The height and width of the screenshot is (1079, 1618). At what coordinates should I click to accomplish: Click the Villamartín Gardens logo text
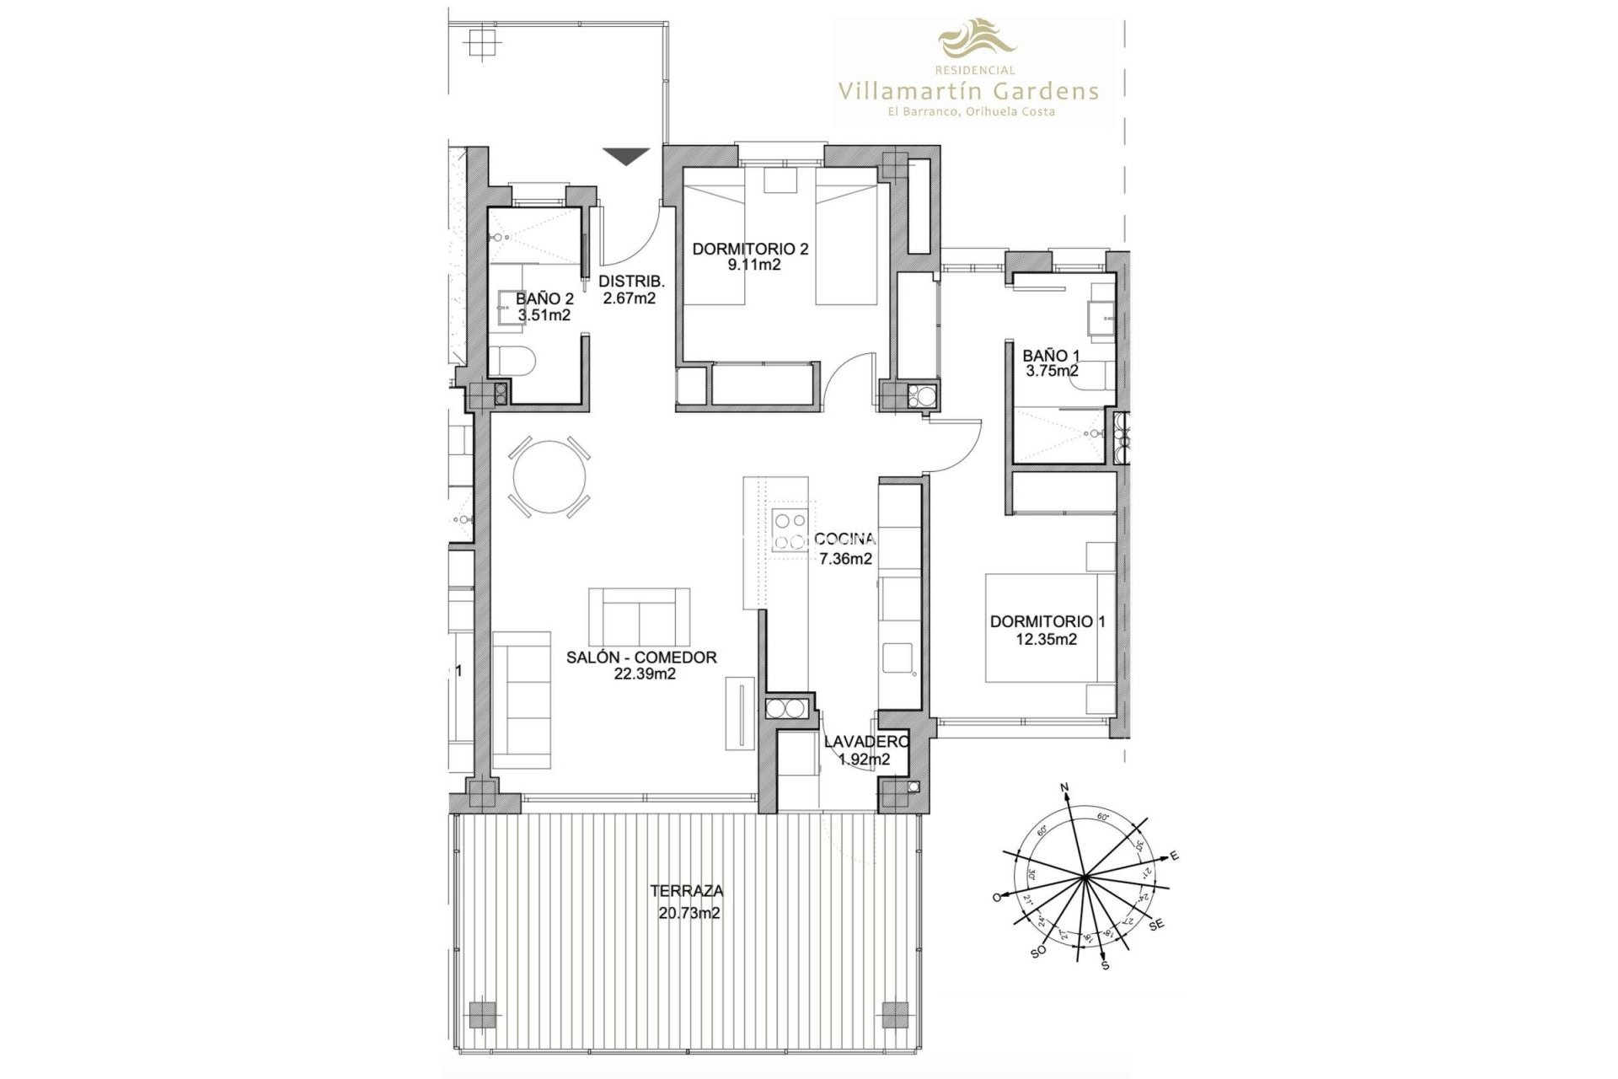tap(967, 90)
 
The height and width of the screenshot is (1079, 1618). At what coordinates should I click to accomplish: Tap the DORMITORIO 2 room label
tap(750, 249)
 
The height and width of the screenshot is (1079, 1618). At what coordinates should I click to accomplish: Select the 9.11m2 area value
tap(749, 266)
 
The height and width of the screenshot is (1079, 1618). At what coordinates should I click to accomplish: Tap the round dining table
tap(549, 478)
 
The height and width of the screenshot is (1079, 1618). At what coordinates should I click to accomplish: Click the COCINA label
tap(845, 539)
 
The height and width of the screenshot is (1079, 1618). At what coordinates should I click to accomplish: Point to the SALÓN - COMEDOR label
tap(641, 658)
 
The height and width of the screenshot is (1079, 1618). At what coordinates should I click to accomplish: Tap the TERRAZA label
tap(686, 890)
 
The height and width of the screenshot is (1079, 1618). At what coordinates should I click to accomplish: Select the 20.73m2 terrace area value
tap(688, 913)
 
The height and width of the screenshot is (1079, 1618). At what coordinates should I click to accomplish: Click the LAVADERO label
tap(865, 742)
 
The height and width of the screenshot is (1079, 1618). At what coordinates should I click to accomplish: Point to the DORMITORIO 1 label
tap(1047, 621)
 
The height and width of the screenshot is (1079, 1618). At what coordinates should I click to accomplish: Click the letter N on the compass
tap(1064, 788)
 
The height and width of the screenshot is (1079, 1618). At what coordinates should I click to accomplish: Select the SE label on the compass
tap(1156, 926)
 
